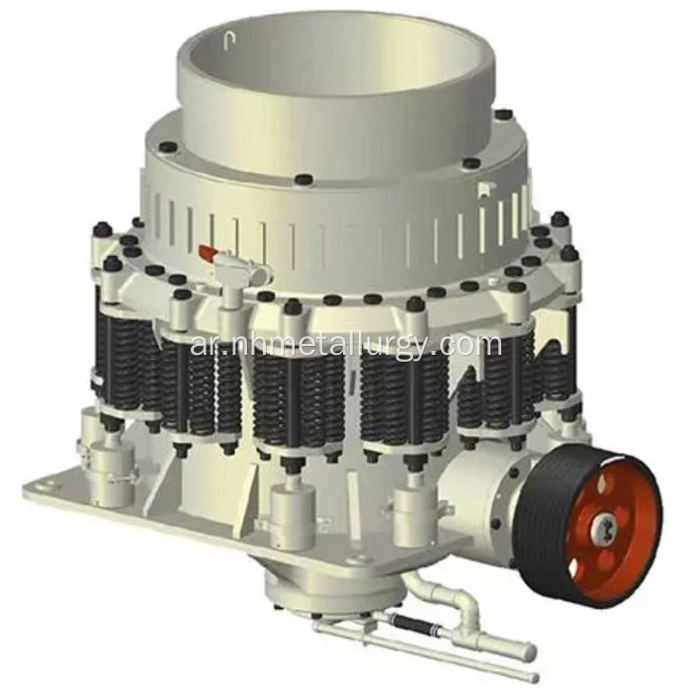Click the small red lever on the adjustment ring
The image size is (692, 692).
tap(206, 253)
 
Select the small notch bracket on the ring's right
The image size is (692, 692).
tap(485, 190)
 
